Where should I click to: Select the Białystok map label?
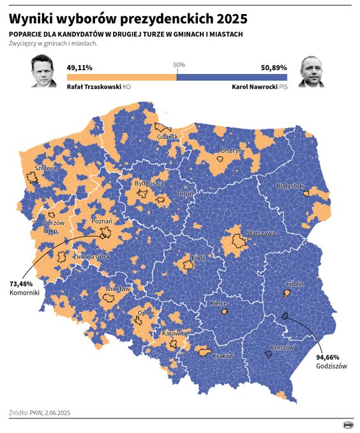point(290,186)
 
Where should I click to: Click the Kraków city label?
point(224,355)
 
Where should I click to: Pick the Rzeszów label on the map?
point(281,348)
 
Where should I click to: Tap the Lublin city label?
point(294,284)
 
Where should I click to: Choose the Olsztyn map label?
point(231,151)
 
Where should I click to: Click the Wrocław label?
point(117,289)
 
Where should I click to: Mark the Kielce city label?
point(219,304)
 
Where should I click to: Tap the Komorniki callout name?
point(25,293)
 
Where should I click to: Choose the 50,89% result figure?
point(274,67)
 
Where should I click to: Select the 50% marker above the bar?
point(179,64)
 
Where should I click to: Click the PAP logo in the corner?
point(348,424)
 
